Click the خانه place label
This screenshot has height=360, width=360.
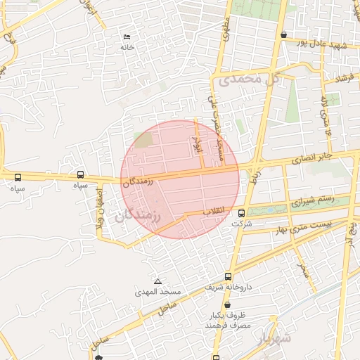point(127,46)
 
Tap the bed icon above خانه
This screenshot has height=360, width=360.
point(127,37)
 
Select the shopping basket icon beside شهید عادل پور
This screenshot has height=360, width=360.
point(283,34)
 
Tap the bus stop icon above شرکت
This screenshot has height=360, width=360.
point(242,213)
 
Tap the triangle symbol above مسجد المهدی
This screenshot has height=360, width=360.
point(157,281)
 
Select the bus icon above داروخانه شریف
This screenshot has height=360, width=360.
point(227,277)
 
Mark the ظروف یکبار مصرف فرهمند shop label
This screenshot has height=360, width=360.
point(223,321)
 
